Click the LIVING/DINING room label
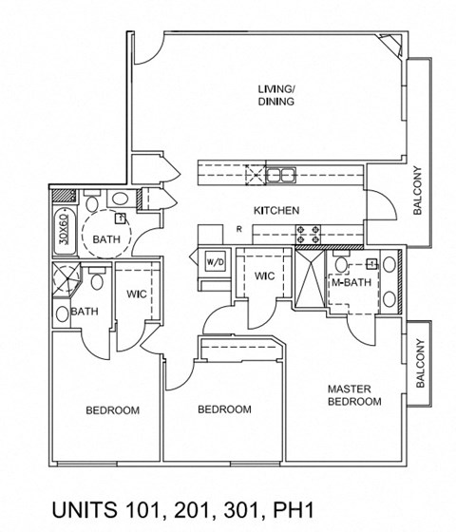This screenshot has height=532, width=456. (275, 95)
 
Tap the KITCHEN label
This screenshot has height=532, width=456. (276, 210)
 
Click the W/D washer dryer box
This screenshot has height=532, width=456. (215, 261)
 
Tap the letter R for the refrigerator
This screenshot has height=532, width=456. (238, 229)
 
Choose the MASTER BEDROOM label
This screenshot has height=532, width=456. (353, 395)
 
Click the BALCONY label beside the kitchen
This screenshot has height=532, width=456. (417, 193)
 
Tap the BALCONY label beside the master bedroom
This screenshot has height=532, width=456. (419, 365)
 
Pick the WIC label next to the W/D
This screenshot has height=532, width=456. (264, 275)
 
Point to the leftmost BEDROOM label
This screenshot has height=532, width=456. (112, 410)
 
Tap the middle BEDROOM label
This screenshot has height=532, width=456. (224, 409)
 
